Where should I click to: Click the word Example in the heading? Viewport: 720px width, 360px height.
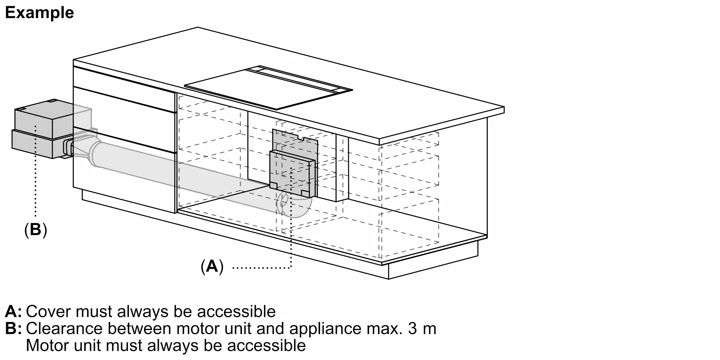[x=40, y=13]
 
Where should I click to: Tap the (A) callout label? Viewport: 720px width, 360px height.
[x=212, y=266]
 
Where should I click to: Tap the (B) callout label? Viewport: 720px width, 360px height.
[x=36, y=229]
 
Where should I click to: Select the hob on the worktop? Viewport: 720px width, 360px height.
[x=268, y=87]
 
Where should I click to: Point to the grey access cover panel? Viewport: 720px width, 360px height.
[x=292, y=174]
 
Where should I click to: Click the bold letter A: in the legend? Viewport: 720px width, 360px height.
[x=13, y=311]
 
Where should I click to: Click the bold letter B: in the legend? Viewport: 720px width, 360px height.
[x=13, y=328]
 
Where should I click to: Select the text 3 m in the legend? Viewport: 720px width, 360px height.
[x=422, y=328]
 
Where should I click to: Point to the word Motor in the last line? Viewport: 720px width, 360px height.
[x=48, y=345]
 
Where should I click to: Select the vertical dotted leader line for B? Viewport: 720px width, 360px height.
[x=35, y=171]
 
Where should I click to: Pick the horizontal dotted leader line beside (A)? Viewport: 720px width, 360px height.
[x=262, y=267]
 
